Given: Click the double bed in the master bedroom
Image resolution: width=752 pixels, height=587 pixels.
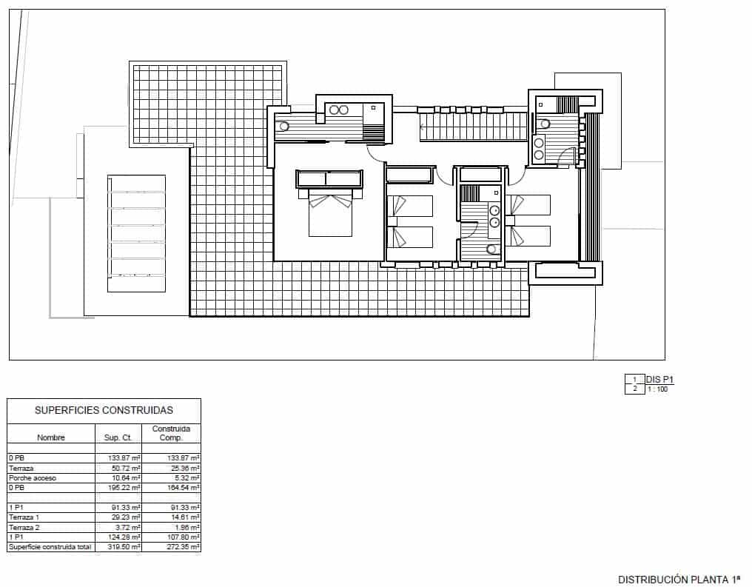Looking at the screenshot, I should tap(330, 215).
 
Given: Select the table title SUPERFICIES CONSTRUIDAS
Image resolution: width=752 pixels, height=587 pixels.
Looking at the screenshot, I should tap(104, 410).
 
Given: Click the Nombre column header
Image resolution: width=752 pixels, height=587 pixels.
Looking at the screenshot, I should tap(51, 437).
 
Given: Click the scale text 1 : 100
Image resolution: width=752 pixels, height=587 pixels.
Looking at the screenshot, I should tap(657, 389).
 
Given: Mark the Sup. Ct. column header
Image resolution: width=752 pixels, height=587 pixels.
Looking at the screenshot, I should tap(118, 437).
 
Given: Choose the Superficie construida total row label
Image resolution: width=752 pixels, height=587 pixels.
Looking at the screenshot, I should tap(50, 547).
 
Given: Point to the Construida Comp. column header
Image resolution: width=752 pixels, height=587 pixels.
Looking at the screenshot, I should tap(171, 433).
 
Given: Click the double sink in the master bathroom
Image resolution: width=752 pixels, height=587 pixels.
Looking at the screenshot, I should tap(338, 110).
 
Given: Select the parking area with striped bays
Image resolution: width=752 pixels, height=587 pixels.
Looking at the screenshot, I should tap(136, 234).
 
